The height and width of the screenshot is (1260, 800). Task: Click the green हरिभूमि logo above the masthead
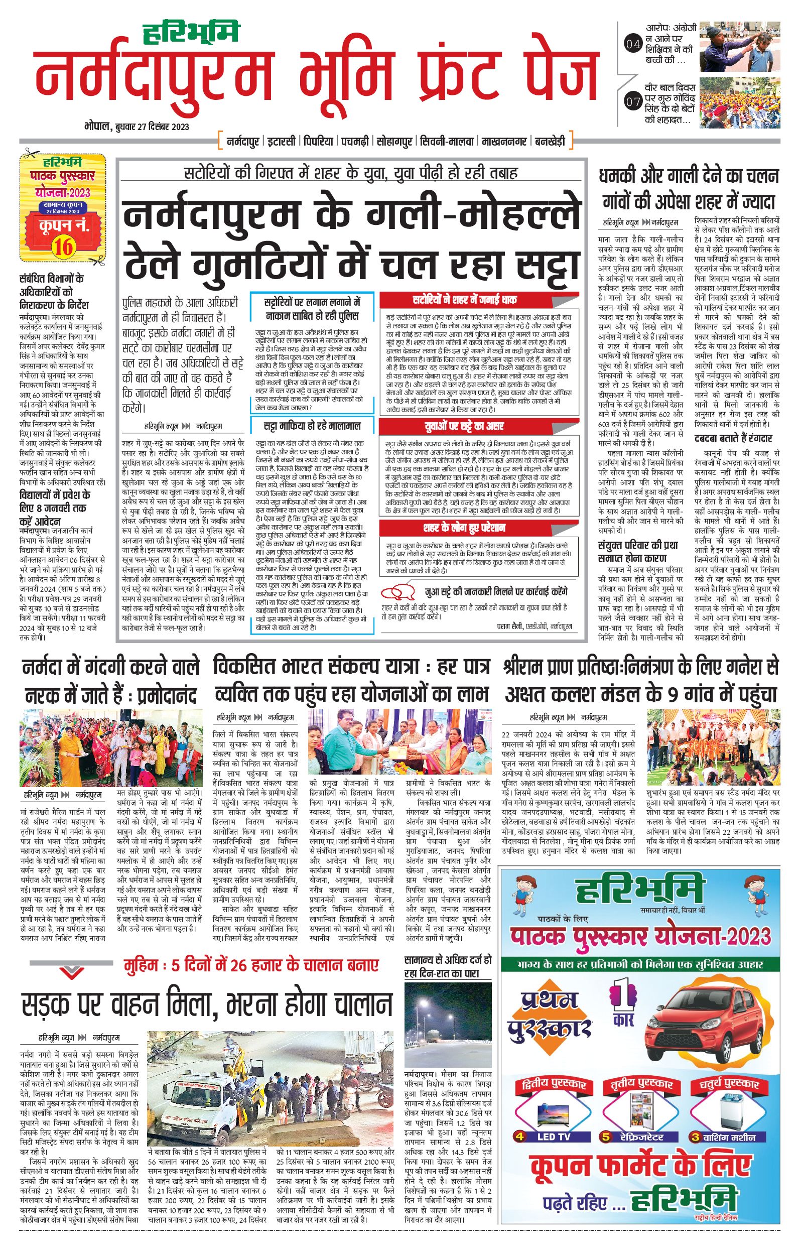[x=192, y=33]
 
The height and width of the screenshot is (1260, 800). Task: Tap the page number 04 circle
[x=633, y=44]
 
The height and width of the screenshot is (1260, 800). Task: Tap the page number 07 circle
[x=633, y=101]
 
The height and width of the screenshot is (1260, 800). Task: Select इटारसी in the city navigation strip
[x=282, y=141]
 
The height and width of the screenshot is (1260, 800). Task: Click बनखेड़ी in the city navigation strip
[x=550, y=141]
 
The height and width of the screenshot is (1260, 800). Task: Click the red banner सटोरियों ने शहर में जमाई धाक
[x=479, y=299]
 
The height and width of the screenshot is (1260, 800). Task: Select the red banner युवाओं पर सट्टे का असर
[x=479, y=425]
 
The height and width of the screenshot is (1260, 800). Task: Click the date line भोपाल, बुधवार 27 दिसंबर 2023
[x=137, y=127]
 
